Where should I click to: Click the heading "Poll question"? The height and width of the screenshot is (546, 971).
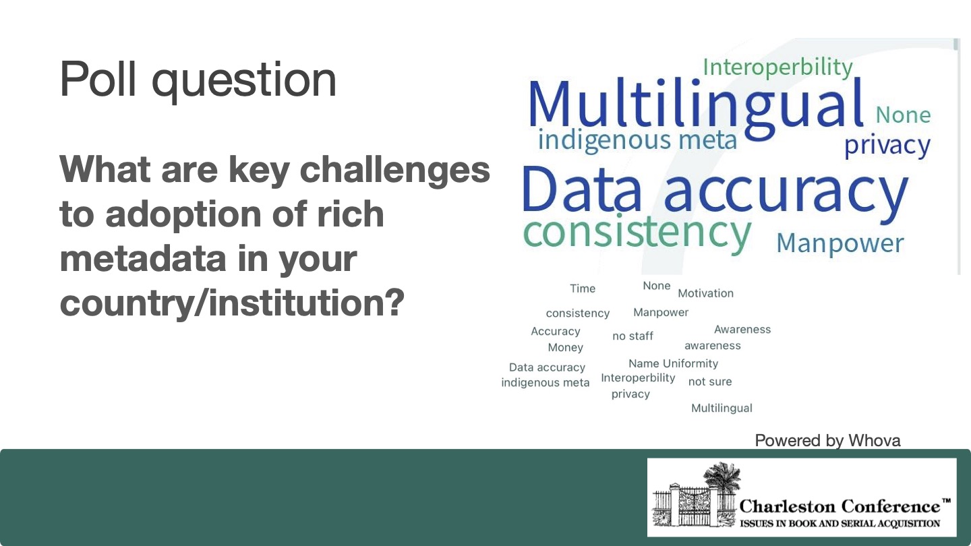coord(198,80)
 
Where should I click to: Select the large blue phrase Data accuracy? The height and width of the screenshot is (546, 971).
coord(715,191)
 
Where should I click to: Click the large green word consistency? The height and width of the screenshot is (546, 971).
coord(637,232)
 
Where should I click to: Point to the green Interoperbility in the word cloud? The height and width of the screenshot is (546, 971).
coord(777,67)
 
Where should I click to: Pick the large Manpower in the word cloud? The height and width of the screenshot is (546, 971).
coord(840,243)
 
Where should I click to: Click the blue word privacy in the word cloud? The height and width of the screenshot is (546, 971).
coord(887,146)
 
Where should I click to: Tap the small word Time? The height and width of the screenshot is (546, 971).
coord(583,289)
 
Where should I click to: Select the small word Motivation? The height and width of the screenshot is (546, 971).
coord(705,293)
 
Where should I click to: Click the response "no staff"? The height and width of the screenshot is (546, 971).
coord(632,336)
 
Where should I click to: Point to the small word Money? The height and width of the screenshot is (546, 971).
coord(565,348)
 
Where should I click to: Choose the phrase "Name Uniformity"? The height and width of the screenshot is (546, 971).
coord(673,363)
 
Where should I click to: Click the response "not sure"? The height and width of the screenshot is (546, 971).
coord(709,382)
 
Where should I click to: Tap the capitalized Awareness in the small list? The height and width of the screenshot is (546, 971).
coord(742,330)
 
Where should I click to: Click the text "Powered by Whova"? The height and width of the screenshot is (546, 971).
coord(827,440)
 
